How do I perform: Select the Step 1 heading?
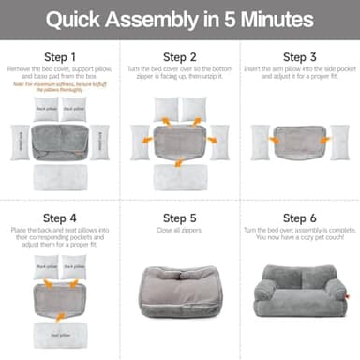[x=60, y=56]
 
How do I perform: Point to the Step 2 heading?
[x=180, y=56]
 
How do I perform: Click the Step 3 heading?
[x=300, y=56]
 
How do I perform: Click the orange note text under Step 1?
[x=60, y=89]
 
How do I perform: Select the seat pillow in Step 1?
[x=60, y=176]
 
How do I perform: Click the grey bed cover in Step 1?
[x=60, y=141]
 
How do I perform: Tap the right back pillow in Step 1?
[x=75, y=110]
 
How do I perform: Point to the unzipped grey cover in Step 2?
[x=180, y=142]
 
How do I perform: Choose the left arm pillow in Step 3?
[x=260, y=142]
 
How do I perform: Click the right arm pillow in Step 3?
[x=339, y=142]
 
